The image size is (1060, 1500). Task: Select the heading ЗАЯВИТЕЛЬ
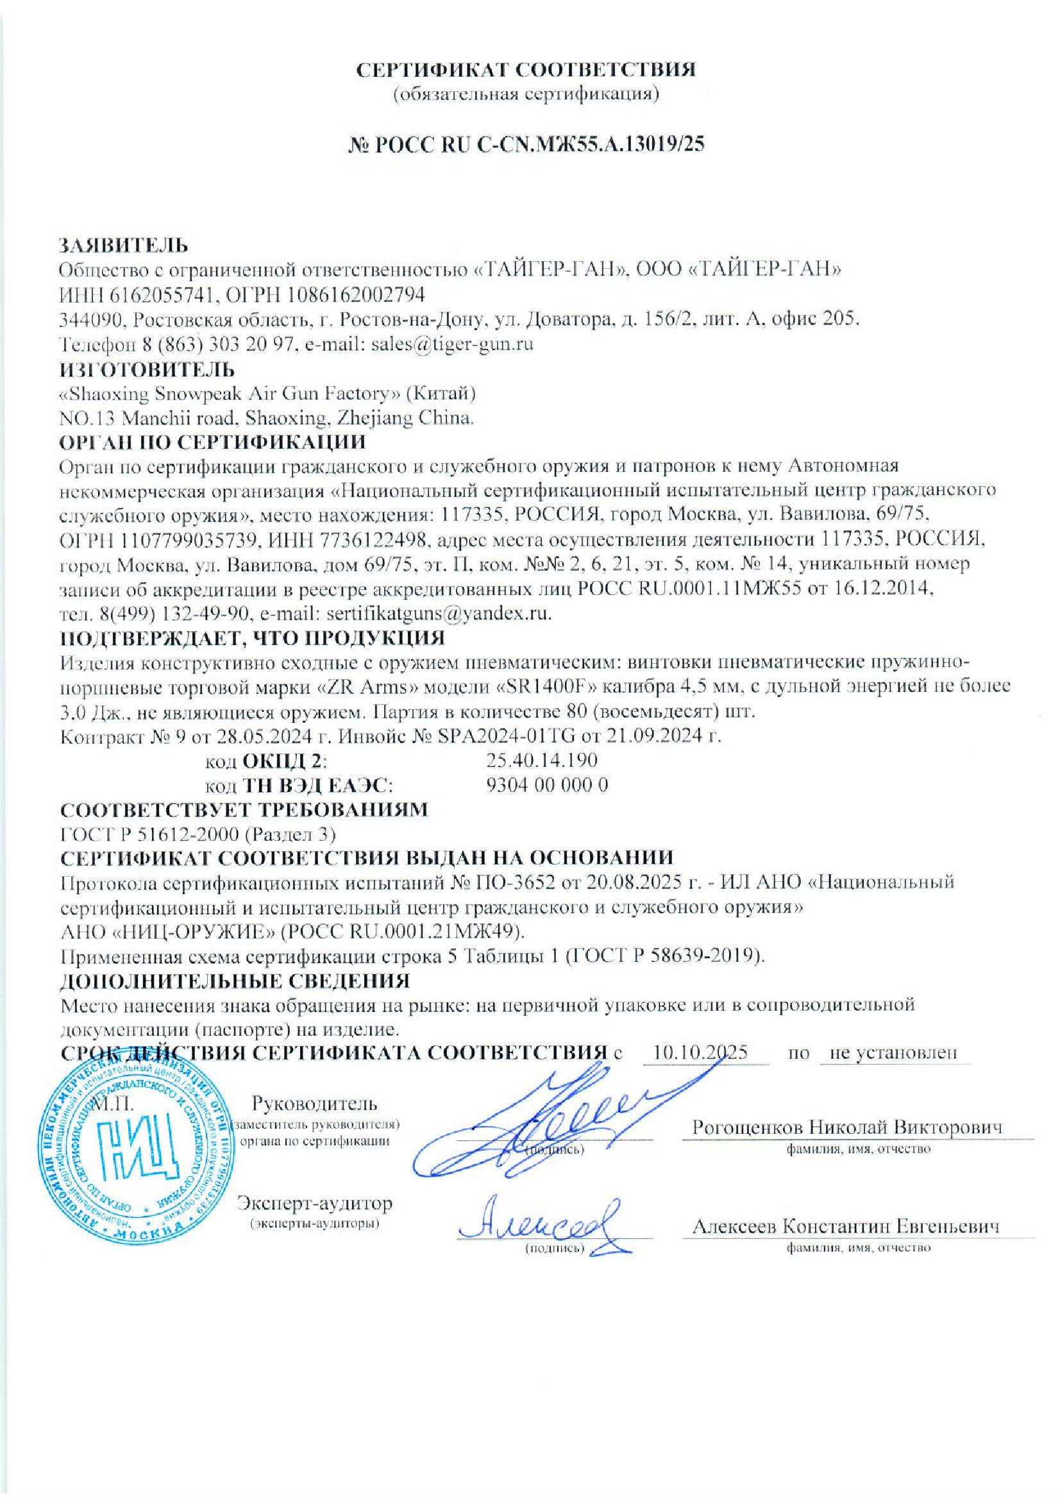124,246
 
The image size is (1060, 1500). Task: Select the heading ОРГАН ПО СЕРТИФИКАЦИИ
213,442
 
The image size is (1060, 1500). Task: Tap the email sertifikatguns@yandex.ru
438,614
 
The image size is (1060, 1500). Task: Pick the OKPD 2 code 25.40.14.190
542,760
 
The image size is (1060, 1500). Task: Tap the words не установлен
893,1052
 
